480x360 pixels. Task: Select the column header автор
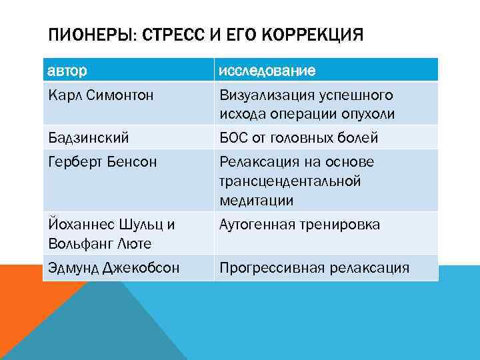[x=67, y=70]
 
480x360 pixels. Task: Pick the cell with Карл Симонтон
[x=101, y=95]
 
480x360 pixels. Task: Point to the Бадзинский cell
[x=89, y=138]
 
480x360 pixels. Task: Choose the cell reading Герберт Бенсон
[x=103, y=162]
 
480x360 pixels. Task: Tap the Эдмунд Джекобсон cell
[x=114, y=268]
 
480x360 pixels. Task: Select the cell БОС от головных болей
[x=299, y=138]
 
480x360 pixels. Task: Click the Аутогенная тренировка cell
[x=300, y=225]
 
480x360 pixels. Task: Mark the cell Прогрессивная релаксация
[x=314, y=268]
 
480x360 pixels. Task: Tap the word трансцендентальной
[x=290, y=181]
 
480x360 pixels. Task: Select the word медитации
[x=257, y=200]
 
